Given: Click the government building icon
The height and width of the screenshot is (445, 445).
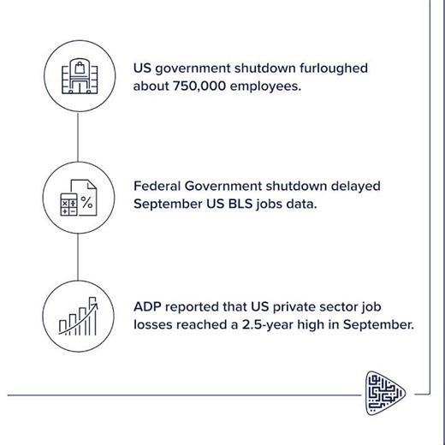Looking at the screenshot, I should [78, 77].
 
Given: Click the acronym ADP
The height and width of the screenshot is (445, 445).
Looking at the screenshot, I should [147, 306].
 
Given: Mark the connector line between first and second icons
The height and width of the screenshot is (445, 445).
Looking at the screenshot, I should [78, 138].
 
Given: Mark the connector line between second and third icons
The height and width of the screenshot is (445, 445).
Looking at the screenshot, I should [78, 257].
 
